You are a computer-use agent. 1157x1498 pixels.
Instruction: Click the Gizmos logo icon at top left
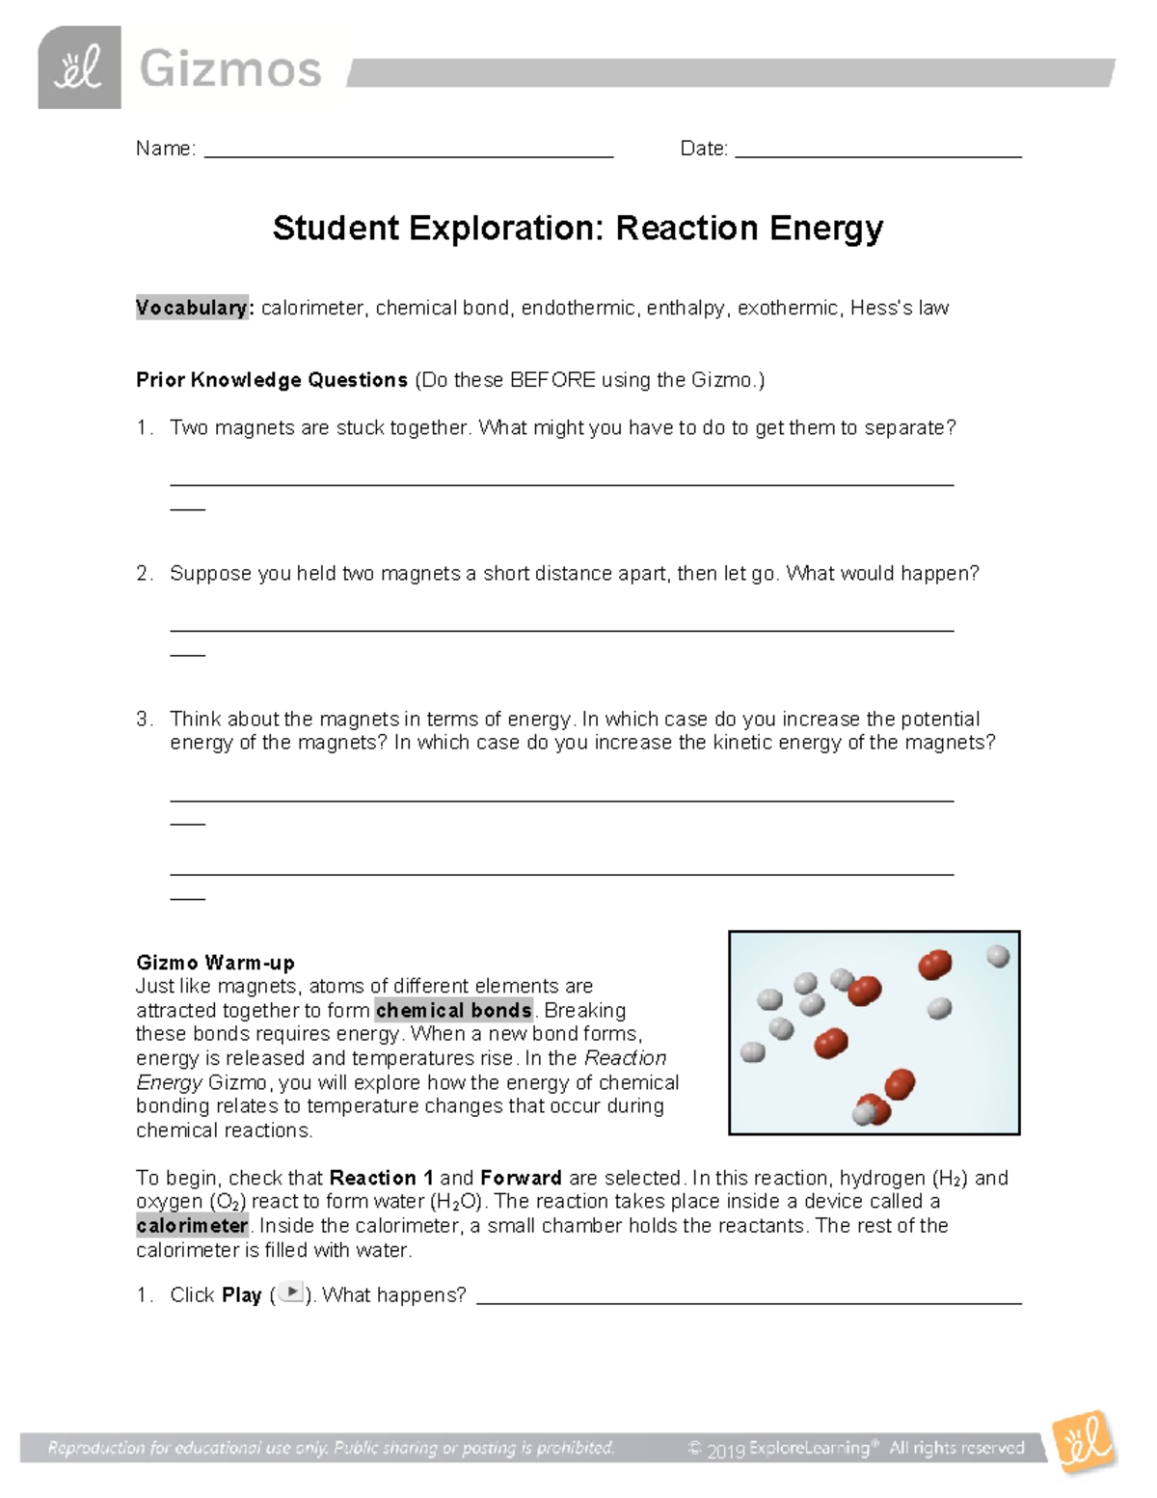(x=79, y=68)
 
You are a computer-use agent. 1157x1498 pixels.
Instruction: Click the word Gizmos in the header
(x=230, y=70)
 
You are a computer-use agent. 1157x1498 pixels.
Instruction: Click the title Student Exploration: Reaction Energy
(x=578, y=229)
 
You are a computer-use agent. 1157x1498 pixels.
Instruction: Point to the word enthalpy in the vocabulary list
(x=686, y=308)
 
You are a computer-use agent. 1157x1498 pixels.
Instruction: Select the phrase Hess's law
(x=899, y=308)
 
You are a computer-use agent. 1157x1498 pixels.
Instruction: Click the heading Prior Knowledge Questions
(x=272, y=380)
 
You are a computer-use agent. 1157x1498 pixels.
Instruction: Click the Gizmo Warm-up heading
(x=215, y=962)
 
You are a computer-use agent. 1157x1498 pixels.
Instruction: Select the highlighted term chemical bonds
(x=454, y=1010)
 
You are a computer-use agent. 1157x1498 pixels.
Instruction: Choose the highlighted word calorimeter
(x=192, y=1225)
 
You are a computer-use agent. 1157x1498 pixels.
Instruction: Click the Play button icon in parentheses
(x=290, y=1294)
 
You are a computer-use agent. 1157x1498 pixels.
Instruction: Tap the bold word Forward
(x=521, y=1178)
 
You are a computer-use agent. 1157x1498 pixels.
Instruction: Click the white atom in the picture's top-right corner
(x=998, y=956)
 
